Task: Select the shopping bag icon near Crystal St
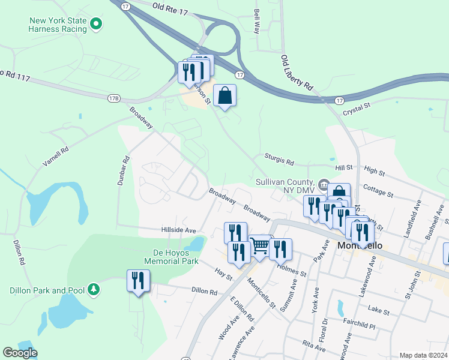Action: (224, 95)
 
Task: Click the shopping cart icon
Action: (259, 245)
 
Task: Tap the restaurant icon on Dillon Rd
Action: (138, 281)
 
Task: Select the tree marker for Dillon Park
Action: (93, 290)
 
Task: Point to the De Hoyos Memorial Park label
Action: (171, 257)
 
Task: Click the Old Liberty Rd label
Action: (297, 72)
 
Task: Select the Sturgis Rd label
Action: (280, 160)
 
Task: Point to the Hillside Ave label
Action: (179, 230)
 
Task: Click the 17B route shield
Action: (114, 97)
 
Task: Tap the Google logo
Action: (20, 353)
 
